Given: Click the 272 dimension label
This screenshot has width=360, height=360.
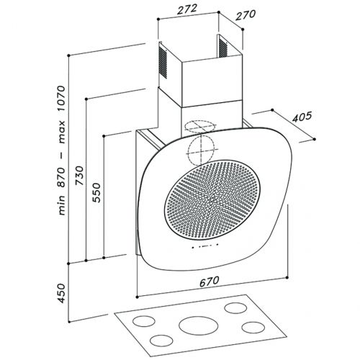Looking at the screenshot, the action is (x=187, y=9).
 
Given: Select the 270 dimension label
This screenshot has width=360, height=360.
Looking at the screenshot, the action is (x=246, y=15).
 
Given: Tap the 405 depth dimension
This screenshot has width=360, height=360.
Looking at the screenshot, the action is (x=302, y=117).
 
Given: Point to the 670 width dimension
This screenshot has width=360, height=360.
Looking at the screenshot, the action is (x=210, y=282).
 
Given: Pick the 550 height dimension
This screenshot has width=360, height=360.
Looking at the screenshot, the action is (x=96, y=193).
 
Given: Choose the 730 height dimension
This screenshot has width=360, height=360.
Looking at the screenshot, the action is (x=79, y=176).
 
